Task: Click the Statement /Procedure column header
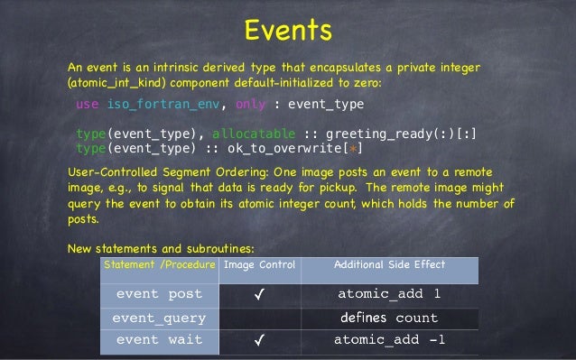159,264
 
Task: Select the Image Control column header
258,264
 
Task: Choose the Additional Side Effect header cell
389,264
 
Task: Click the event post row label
159,294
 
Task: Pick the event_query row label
159,318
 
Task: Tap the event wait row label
159,340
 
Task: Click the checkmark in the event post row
259,294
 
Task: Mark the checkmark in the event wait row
259,340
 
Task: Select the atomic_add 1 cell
389,294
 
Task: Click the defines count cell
389,318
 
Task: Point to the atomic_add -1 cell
389,340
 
